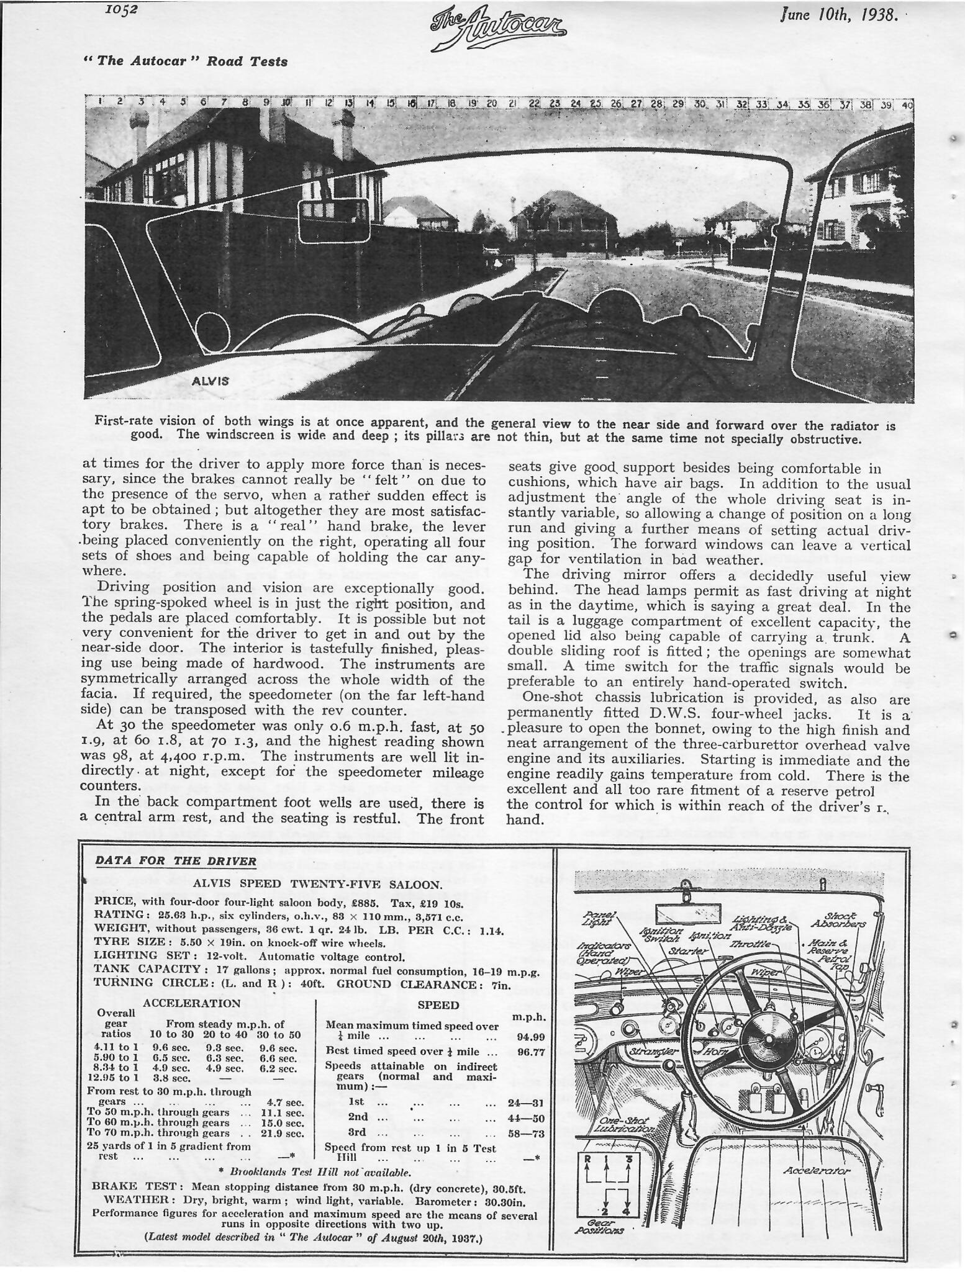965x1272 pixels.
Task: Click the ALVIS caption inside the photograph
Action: (x=210, y=381)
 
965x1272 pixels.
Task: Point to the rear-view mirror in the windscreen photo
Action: (x=335, y=221)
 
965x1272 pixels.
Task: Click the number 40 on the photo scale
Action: (x=907, y=105)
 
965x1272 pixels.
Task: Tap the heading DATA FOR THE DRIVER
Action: (x=175, y=861)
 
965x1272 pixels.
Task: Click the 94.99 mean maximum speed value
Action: (x=530, y=1036)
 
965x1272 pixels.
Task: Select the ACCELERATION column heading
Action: (x=191, y=986)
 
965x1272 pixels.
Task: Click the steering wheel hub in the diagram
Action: (x=769, y=1040)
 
